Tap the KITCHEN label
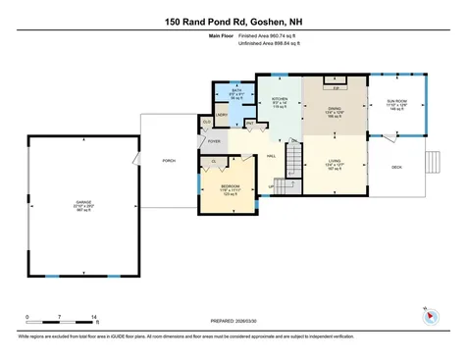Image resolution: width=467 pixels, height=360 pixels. [x=278, y=98]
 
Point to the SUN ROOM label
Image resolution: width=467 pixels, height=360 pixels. [x=397, y=102]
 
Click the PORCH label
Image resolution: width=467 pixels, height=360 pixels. [x=168, y=160]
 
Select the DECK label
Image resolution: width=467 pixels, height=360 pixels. [x=397, y=168]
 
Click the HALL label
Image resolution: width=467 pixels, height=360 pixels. [x=271, y=155]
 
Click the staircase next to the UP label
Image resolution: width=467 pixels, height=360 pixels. [x=286, y=186]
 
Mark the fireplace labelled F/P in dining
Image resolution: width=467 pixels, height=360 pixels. [x=337, y=87]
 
